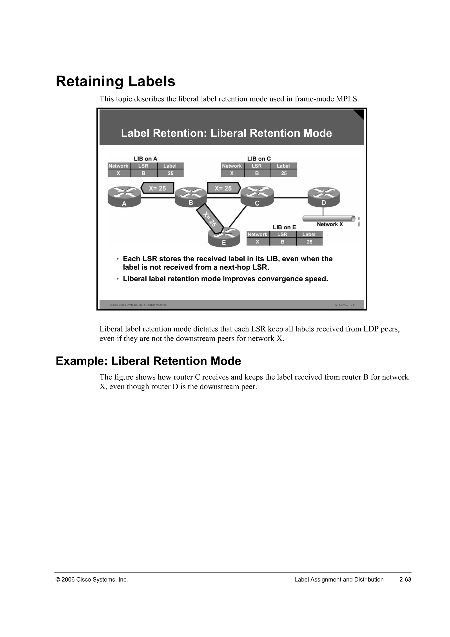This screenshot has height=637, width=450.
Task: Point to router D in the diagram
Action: [x=324, y=196]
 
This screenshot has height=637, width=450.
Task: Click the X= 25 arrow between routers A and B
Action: [x=157, y=188]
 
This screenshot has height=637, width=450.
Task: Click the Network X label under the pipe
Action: [x=330, y=224]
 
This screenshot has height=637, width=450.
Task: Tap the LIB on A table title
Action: [x=145, y=159]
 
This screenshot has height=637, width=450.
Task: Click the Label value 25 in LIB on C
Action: [x=284, y=173]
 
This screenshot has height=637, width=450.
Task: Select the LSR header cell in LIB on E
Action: [x=282, y=234]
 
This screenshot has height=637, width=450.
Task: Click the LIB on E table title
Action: [x=284, y=227]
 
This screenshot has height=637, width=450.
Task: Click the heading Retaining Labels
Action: [x=116, y=82]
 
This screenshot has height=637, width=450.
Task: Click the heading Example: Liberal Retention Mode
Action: [x=148, y=361]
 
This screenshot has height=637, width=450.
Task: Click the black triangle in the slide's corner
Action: [x=360, y=114]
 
